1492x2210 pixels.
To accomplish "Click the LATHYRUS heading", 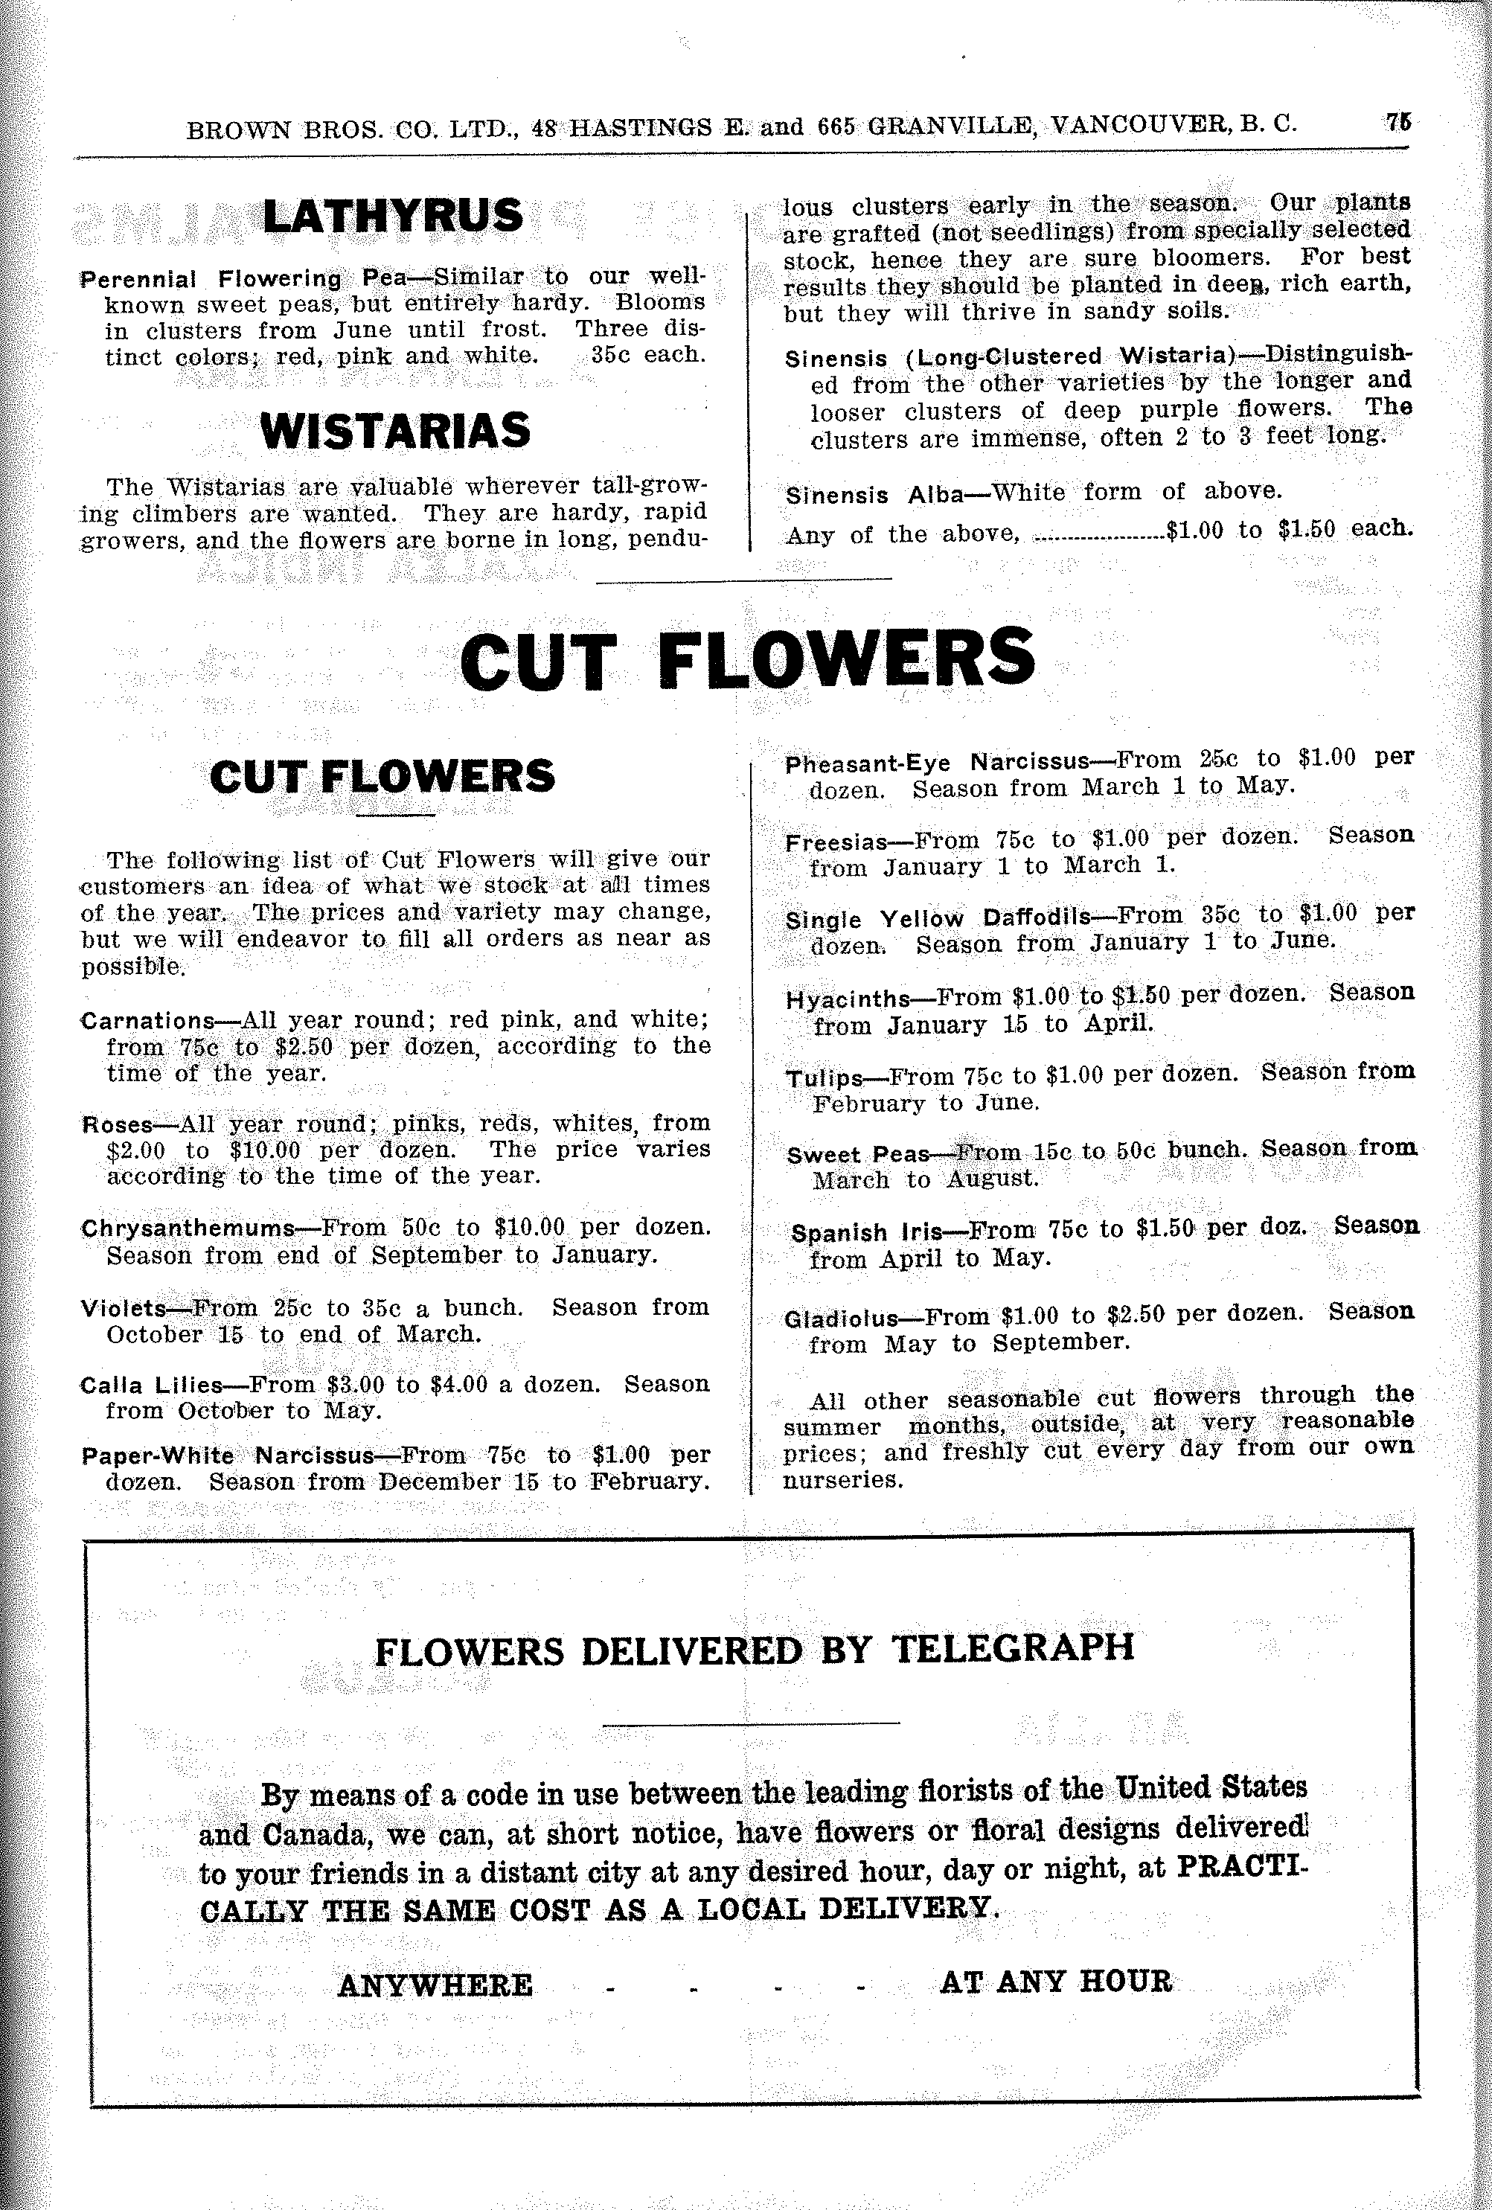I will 393,216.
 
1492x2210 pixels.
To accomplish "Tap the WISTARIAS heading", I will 394,431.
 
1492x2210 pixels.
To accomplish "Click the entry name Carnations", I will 147,1022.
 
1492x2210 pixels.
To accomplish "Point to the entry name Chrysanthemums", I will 188,1228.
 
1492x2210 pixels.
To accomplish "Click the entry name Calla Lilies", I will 151,1386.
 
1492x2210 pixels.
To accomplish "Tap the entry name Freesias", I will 835,842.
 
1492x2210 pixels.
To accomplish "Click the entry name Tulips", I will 824,1078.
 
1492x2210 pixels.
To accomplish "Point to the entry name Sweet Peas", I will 858,1154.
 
